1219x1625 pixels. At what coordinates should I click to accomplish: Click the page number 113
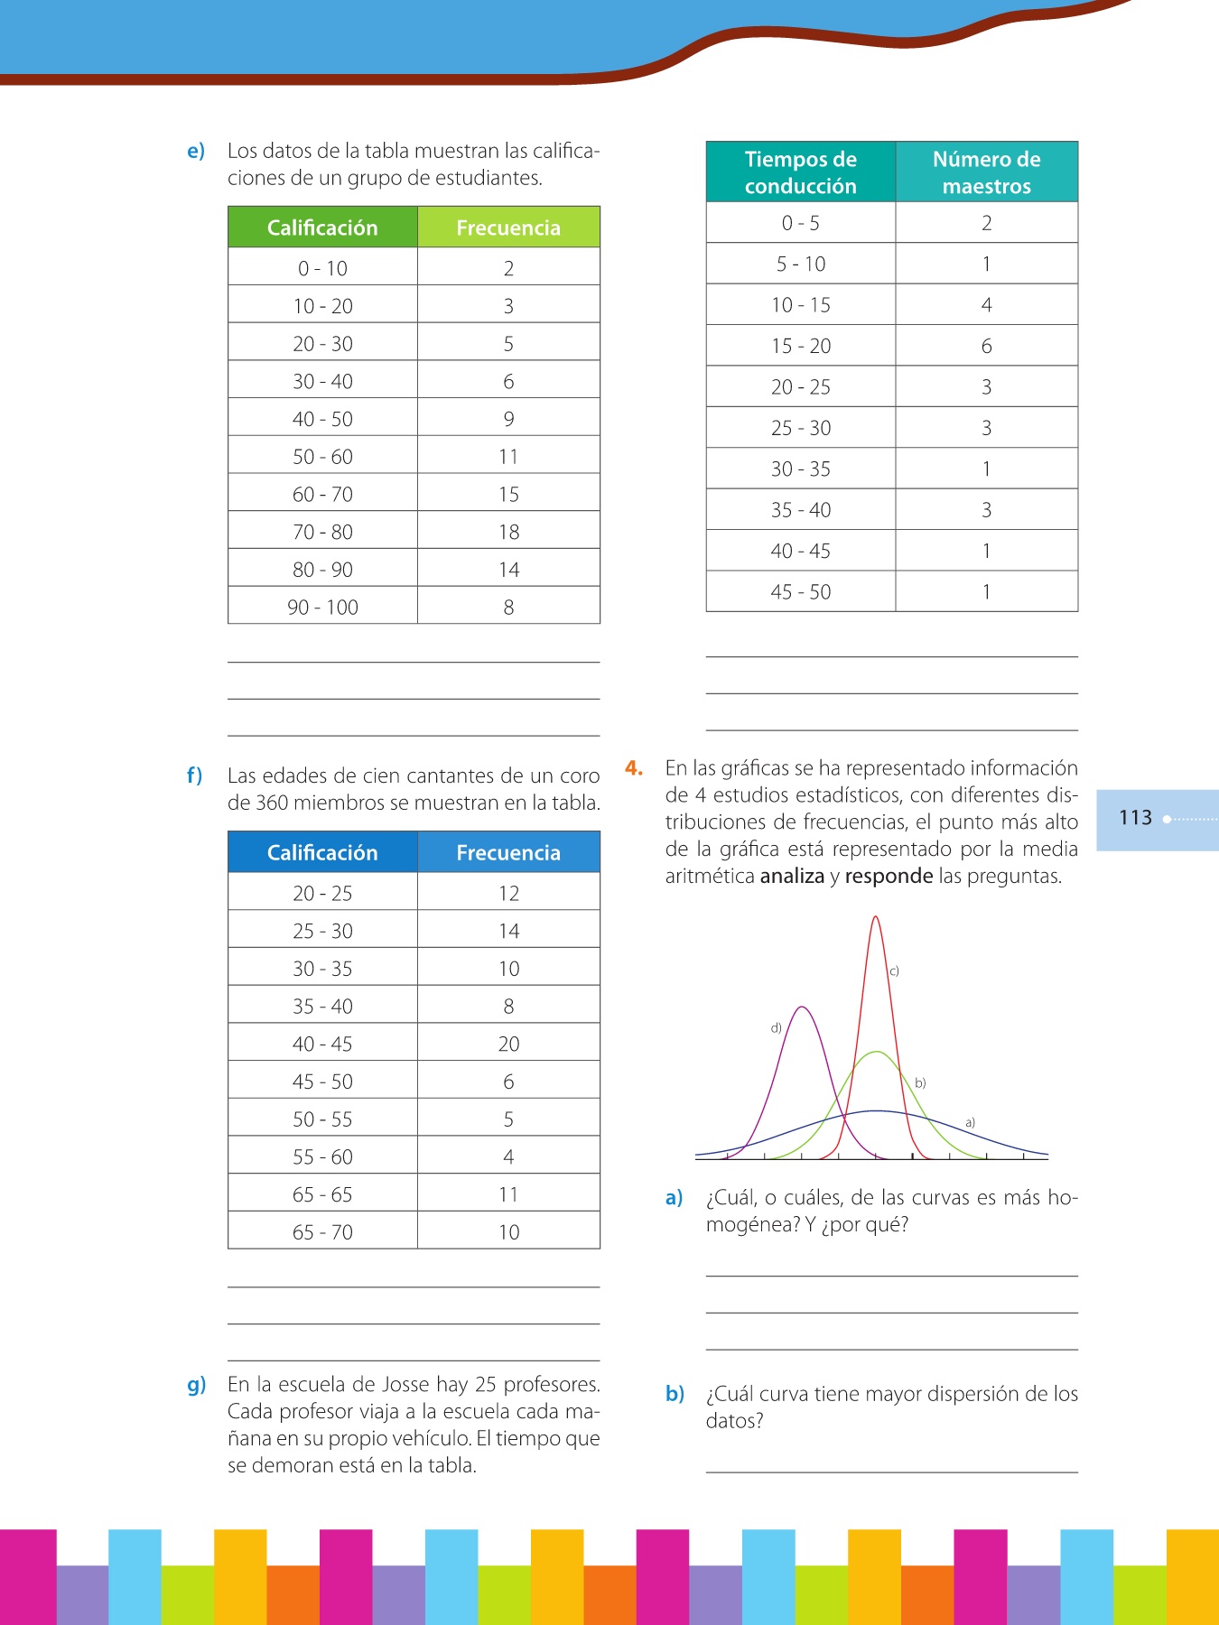pos(1135,818)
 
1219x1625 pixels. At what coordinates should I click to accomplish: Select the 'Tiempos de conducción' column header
pos(800,172)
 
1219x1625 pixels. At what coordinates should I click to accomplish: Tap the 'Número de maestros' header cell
pos(986,172)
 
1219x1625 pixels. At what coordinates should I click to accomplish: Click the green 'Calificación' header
pos(322,227)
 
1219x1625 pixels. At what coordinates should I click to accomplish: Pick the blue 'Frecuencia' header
pos(508,852)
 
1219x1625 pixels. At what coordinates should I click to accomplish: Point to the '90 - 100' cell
pos(322,607)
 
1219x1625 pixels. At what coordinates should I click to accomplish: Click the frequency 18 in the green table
pos(508,532)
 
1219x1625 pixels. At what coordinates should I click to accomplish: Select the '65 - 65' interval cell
pos(322,1194)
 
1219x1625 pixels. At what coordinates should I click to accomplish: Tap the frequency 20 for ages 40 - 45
pos(508,1044)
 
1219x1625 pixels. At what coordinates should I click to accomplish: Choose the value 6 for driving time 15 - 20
pos(986,346)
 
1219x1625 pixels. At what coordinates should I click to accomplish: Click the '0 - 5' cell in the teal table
pos(800,223)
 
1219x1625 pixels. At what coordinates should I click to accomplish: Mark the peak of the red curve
pos(875,918)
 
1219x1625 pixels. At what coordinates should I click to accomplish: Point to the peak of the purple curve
pos(802,1007)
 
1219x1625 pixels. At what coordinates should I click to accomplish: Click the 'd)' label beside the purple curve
pos(776,1027)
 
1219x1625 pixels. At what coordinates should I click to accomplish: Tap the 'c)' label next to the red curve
pos(894,971)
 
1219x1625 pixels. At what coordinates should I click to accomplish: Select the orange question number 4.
pos(634,768)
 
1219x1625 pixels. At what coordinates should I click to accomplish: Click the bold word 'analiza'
pos(792,876)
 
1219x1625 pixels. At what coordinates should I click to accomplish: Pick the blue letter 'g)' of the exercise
pos(196,1385)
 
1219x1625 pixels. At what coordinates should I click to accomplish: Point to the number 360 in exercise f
pos(272,803)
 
